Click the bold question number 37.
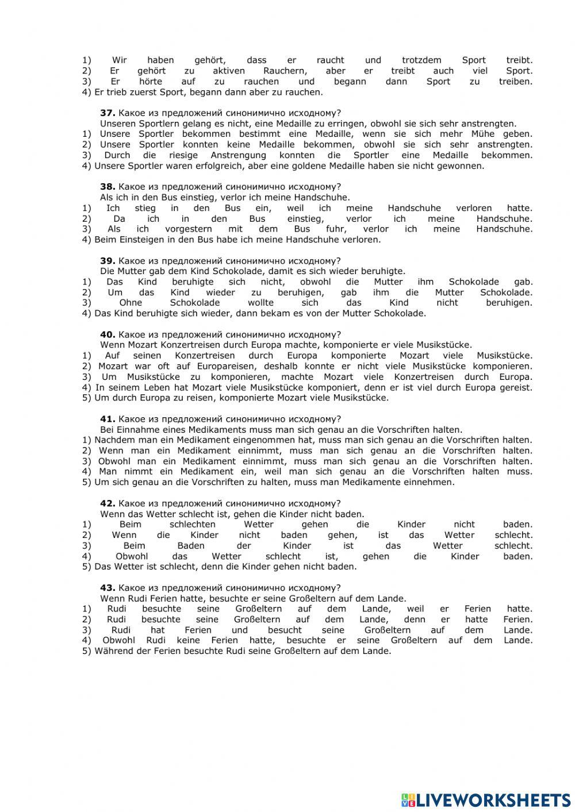click(x=108, y=113)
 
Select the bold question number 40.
click(x=108, y=334)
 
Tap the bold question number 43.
click(x=108, y=588)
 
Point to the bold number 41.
click(x=108, y=419)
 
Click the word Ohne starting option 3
click(x=131, y=303)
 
